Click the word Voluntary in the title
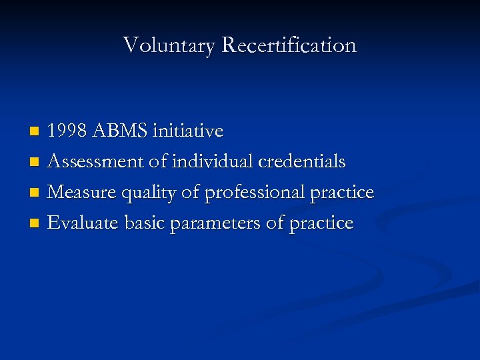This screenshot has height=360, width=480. click(169, 45)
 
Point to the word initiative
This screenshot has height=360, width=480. click(188, 131)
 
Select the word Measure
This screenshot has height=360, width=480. click(80, 192)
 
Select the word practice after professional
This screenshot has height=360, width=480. click(342, 193)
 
